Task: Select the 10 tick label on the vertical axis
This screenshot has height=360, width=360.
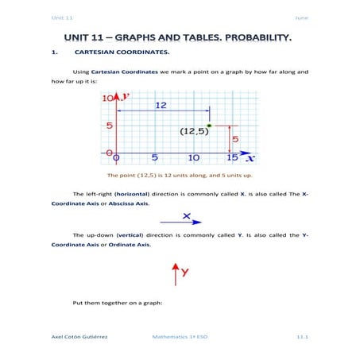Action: coord(108,97)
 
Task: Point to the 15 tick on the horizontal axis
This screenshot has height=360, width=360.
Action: coord(231,158)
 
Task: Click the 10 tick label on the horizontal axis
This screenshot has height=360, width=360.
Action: coord(193,158)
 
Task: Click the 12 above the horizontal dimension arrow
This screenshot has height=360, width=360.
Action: coord(160,105)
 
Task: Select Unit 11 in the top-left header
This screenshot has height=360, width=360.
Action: coord(61,17)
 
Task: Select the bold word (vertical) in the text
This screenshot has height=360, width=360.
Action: coord(133,235)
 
